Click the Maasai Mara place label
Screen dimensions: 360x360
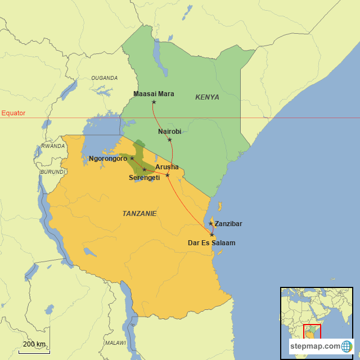(154, 93)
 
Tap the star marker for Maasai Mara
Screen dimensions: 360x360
(154, 102)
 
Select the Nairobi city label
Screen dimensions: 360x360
(169, 131)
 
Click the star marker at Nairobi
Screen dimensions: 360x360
(170, 139)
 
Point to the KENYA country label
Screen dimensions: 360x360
(207, 97)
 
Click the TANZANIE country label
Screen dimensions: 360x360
(139, 214)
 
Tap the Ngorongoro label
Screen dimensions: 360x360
(108, 159)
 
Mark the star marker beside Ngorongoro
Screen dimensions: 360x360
(132, 158)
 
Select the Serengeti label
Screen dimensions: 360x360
(144, 178)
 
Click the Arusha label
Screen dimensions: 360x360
(167, 167)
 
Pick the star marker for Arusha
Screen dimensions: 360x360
(168, 175)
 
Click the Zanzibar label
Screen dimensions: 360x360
(228, 224)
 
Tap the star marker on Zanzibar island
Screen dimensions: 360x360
(211, 223)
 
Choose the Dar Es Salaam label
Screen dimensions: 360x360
(211, 243)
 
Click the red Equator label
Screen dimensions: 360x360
(13, 113)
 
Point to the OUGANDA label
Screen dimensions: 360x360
(105, 78)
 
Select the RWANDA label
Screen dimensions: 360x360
(53, 146)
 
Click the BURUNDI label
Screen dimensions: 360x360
(53, 172)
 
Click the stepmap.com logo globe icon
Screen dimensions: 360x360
(346, 346)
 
